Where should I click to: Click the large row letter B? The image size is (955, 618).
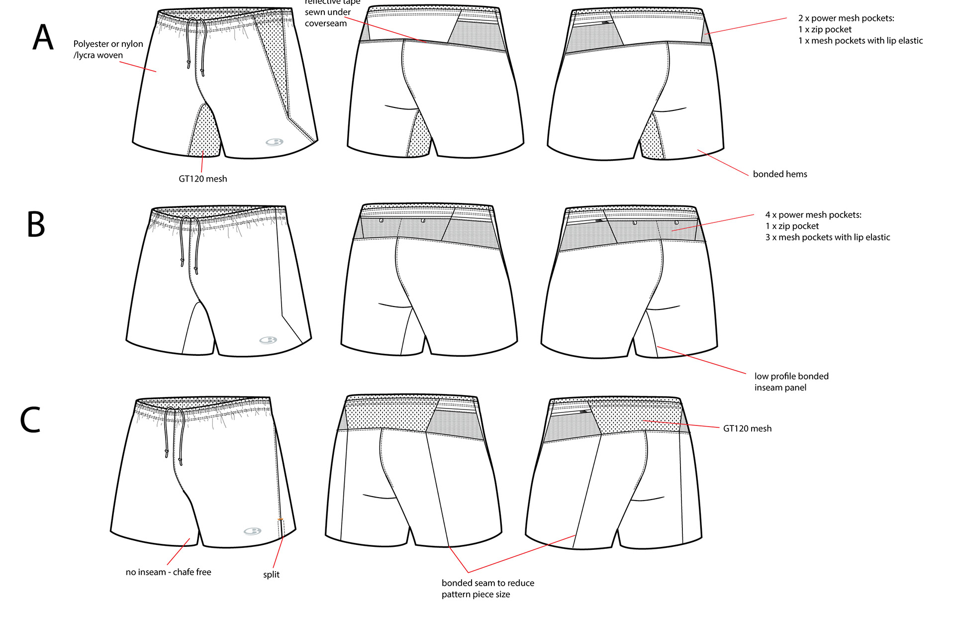point(36,224)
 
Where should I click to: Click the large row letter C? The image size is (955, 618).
point(30,419)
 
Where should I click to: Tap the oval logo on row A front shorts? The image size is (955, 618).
point(274,142)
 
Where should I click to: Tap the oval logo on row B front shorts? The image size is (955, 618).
point(268,340)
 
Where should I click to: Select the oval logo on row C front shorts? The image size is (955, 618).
point(252,531)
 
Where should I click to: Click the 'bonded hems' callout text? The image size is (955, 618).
point(779,174)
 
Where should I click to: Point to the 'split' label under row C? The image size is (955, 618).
point(271,574)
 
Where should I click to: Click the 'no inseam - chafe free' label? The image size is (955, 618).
point(168,572)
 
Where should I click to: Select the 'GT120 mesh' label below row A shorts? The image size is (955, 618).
point(202,179)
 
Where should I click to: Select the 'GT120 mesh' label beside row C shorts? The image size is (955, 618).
point(747,428)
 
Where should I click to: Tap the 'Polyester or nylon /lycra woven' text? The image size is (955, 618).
point(108,49)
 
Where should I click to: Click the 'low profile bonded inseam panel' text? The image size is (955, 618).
point(791,382)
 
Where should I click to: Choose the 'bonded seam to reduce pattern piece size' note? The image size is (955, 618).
point(487,589)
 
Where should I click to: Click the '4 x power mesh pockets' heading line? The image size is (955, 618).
point(813,215)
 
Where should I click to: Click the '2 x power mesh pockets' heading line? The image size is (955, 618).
point(846,18)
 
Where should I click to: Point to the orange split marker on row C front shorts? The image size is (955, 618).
point(280,519)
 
